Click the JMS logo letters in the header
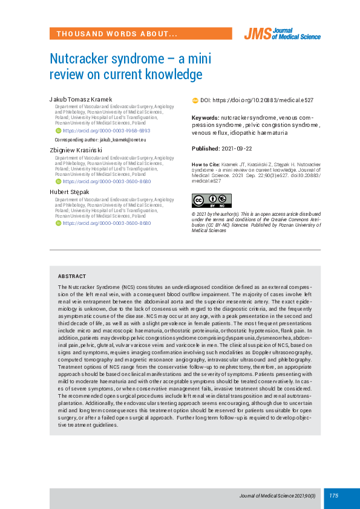click(x=257, y=34)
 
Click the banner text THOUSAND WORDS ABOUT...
click(x=117, y=34)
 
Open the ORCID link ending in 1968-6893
click(x=106, y=131)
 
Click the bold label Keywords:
click(x=205, y=117)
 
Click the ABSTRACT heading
click(x=72, y=276)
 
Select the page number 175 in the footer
click(x=334, y=496)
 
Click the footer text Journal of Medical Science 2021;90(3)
click(x=277, y=496)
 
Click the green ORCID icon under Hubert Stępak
click(x=58, y=223)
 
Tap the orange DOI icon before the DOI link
click(x=195, y=100)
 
